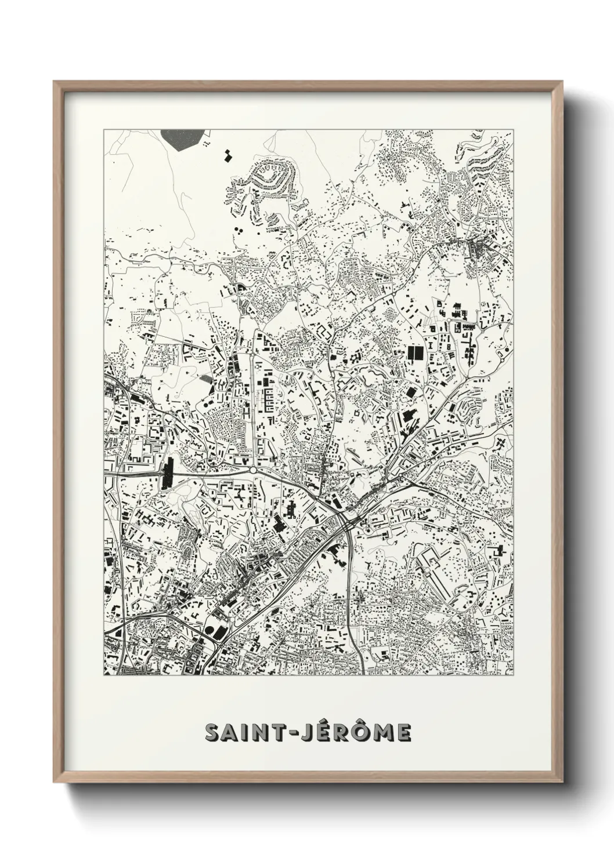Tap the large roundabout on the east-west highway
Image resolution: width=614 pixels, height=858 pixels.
(253, 471)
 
